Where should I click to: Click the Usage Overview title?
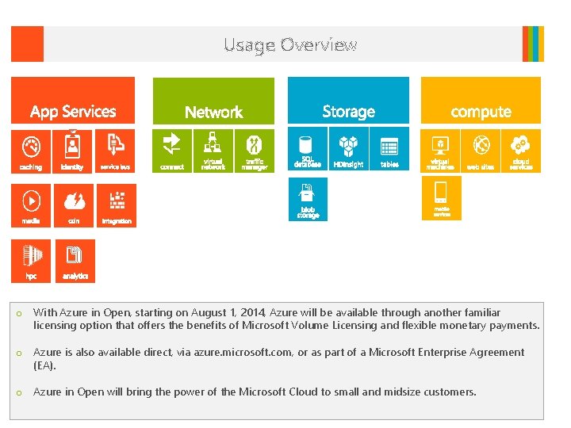[x=290, y=45]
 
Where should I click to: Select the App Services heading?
[x=73, y=112]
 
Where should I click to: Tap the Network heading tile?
[x=213, y=112]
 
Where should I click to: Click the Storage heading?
[x=348, y=112]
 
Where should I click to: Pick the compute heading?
[x=481, y=112]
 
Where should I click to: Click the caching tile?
[x=31, y=151]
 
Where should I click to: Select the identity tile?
[x=73, y=151]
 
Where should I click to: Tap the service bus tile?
[x=116, y=151]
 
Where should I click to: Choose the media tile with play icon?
[x=31, y=204]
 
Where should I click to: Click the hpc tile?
[x=31, y=260]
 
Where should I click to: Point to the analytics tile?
[x=75, y=260]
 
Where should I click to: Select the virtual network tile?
[x=213, y=150]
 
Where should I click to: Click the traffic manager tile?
[x=255, y=150]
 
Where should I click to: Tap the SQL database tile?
[x=308, y=150]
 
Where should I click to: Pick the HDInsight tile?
[x=348, y=150]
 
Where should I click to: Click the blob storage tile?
[x=308, y=200]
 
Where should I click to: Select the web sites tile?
[x=481, y=150]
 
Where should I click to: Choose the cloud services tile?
[x=521, y=150]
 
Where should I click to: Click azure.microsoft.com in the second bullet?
[x=235, y=353]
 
